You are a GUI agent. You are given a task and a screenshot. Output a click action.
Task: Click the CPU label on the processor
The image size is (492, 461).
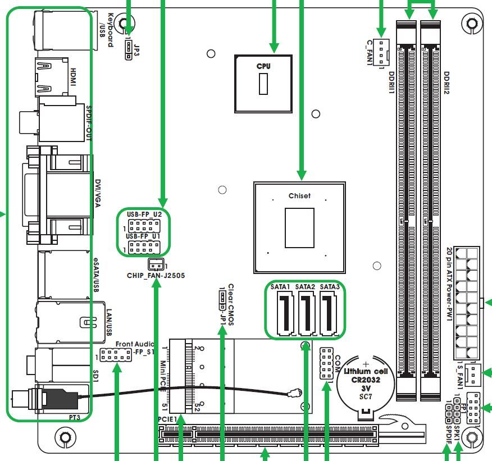tap(263, 66)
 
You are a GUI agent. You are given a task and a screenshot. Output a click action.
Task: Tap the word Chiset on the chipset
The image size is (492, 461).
tap(299, 196)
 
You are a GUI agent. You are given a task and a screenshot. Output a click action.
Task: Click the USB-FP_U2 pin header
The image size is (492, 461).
tap(144, 226)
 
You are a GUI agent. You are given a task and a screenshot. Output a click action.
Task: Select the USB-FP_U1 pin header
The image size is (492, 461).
tap(144, 248)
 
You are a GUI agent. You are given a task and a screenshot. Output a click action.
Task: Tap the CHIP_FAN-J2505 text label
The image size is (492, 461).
tap(156, 276)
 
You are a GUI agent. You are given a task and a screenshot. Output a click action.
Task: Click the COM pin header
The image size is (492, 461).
tap(326, 363)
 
